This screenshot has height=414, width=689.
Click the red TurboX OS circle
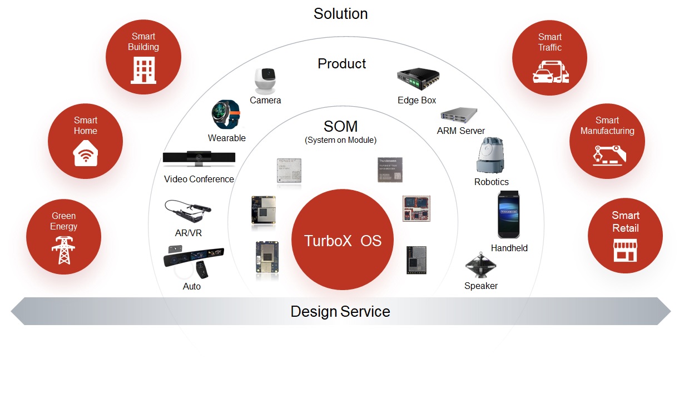pyautogui.click(x=342, y=240)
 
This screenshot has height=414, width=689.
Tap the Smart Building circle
pyautogui.click(x=143, y=57)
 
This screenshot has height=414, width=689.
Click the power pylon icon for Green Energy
pyautogui.click(x=63, y=250)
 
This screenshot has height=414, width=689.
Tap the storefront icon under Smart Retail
pyautogui.click(x=625, y=250)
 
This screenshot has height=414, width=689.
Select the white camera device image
pyautogui.click(x=265, y=81)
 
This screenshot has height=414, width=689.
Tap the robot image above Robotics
pyautogui.click(x=491, y=156)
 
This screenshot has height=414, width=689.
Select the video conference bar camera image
pyautogui.click(x=199, y=159)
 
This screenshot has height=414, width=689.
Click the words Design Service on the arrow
pyautogui.click(x=340, y=311)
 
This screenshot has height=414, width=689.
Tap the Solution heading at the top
pyautogui.click(x=340, y=13)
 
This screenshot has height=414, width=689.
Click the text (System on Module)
pyautogui.click(x=340, y=140)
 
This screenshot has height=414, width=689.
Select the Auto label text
pyautogui.click(x=192, y=286)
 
